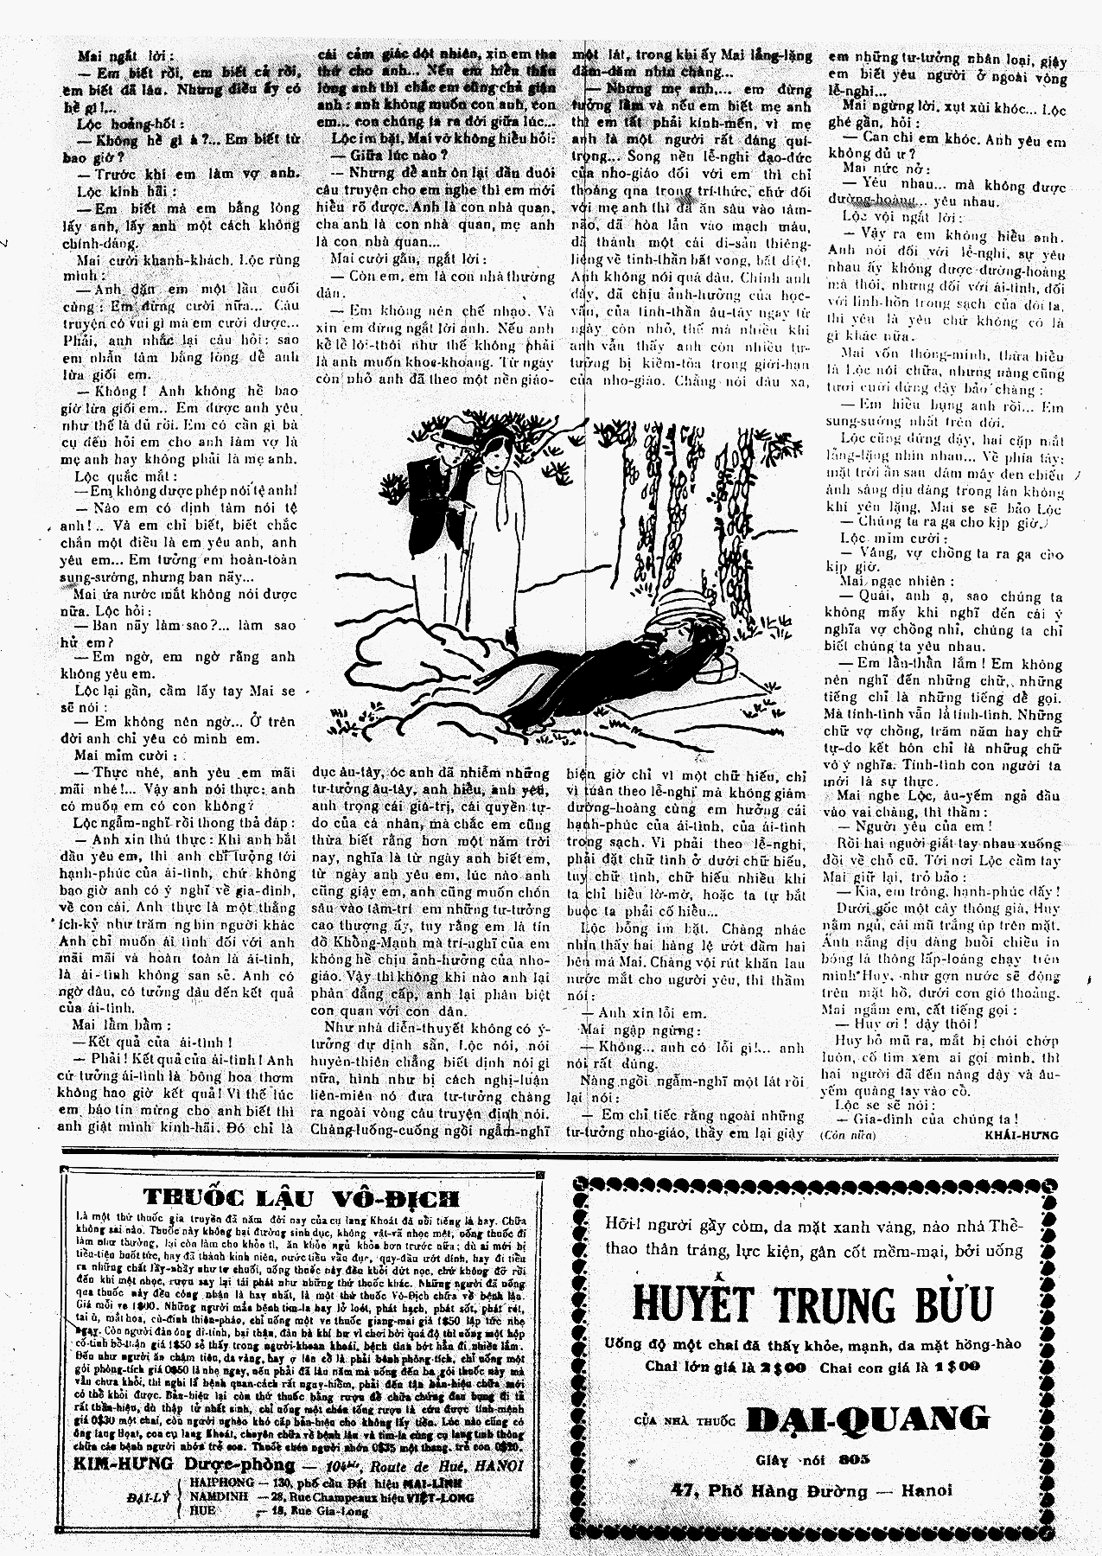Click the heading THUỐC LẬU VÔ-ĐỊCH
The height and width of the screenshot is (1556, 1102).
pos(302,1197)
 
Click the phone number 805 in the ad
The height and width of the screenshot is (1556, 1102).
pos(854,1459)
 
